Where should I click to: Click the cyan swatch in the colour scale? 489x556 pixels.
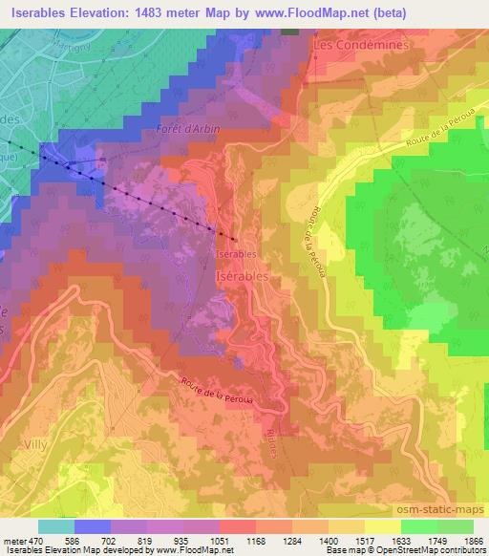[56, 525]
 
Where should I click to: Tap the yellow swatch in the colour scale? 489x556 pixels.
[382, 525]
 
